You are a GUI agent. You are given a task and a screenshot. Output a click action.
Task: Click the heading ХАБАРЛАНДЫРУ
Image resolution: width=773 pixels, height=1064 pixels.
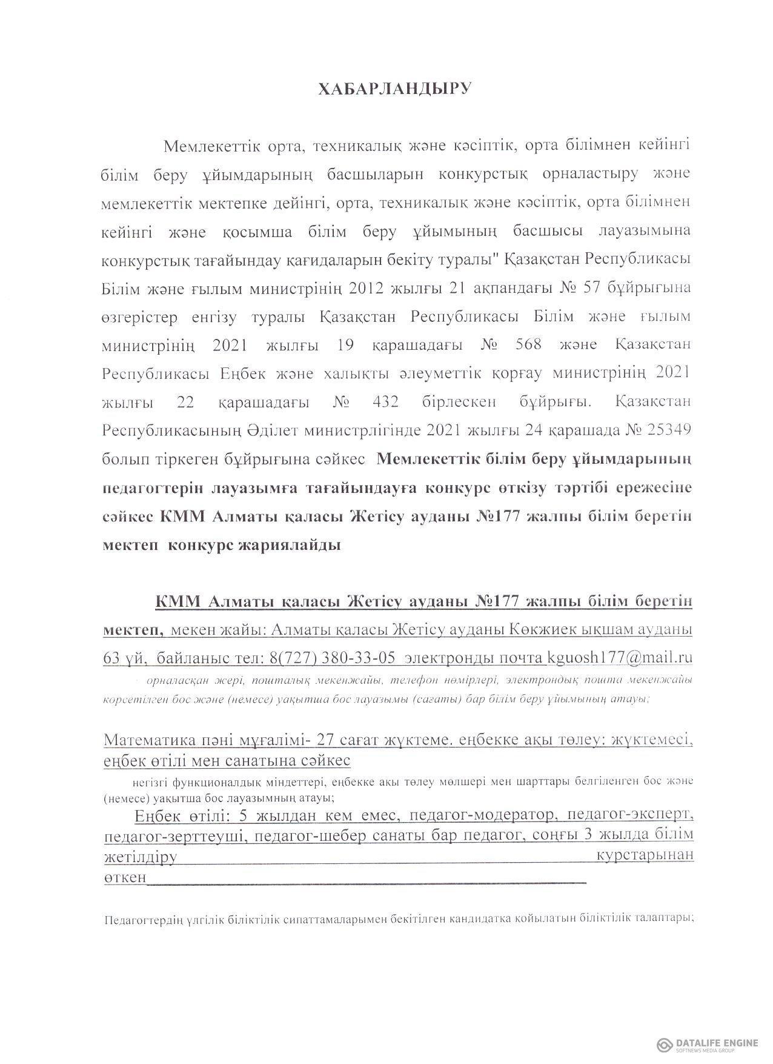[394, 89]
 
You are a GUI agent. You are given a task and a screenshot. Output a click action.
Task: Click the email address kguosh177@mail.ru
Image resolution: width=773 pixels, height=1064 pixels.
[620, 658]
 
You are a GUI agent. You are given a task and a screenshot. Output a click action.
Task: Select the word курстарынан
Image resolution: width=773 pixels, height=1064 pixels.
[645, 856]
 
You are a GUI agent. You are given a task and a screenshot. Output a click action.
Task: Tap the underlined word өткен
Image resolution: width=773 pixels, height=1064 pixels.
[125, 877]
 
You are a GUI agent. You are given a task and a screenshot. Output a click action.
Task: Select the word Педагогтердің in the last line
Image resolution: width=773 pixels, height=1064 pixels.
[141, 918]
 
